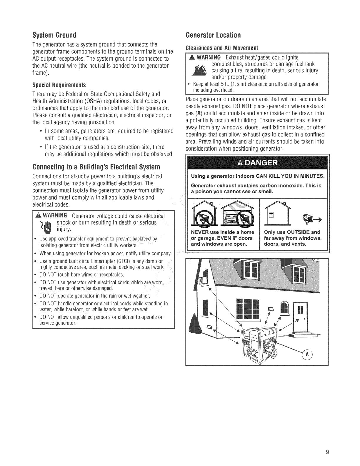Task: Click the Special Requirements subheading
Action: [x=59, y=85]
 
